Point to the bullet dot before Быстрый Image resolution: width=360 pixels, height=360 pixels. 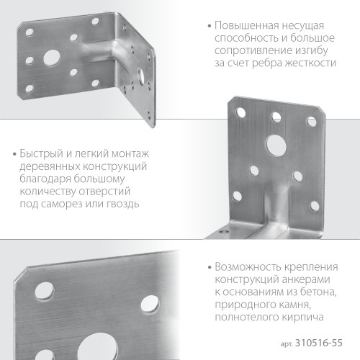point(16,154)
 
